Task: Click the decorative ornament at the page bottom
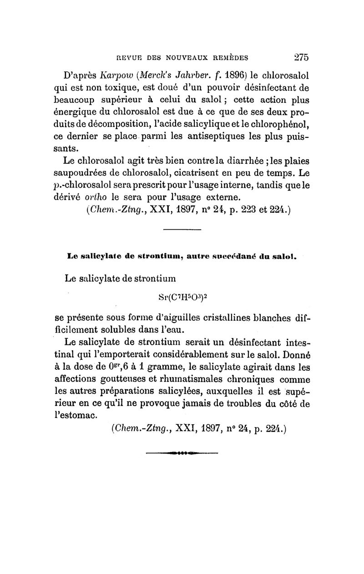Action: [x=182, y=453]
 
